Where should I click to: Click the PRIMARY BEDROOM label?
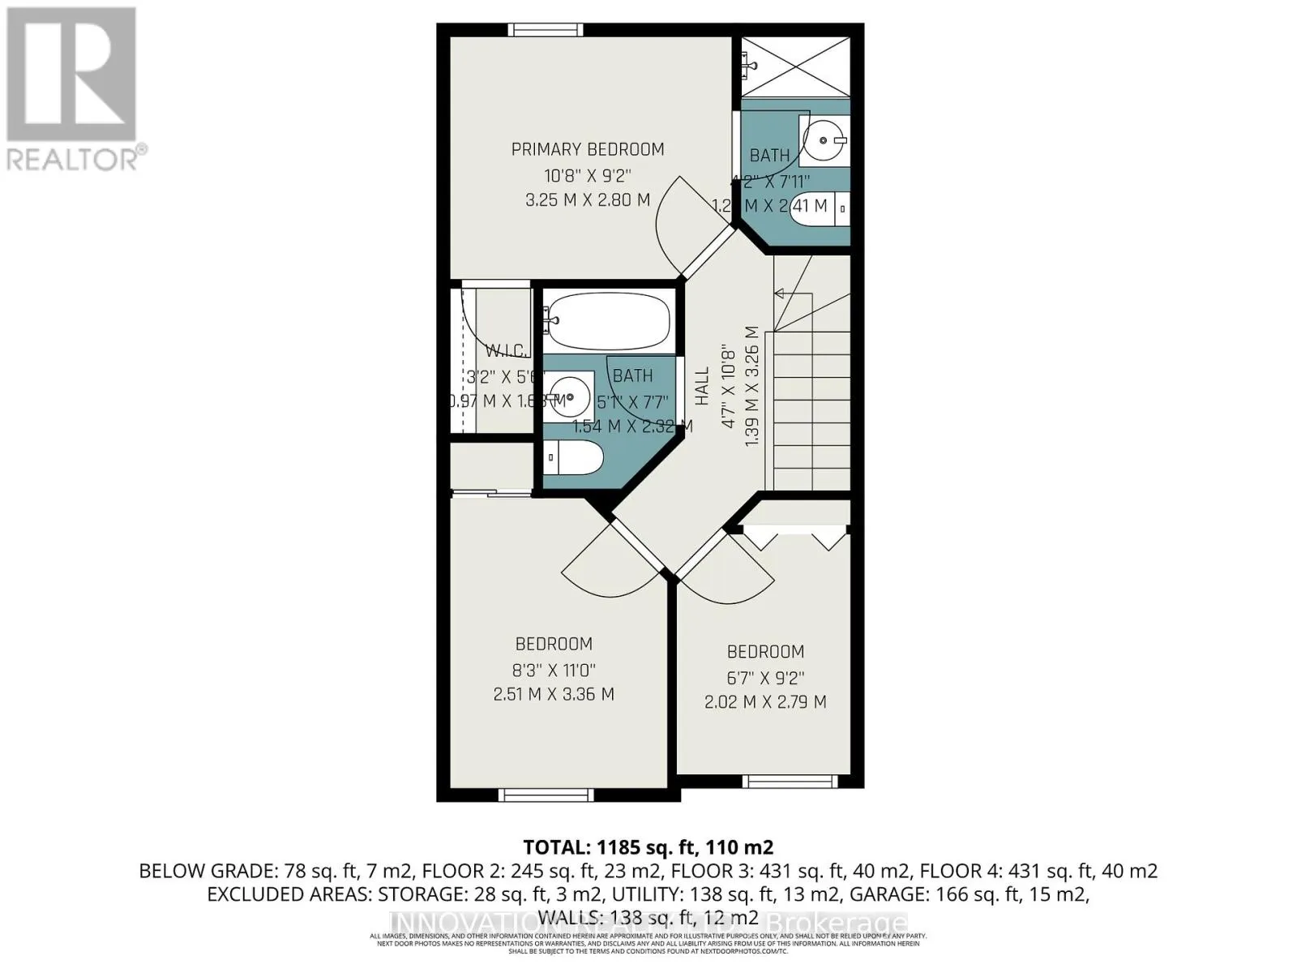click(588, 149)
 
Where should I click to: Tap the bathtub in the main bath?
click(608, 321)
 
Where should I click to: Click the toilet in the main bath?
click(572, 459)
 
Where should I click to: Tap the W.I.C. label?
click(507, 351)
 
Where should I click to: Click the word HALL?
click(702, 386)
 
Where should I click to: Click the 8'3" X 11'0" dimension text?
click(554, 670)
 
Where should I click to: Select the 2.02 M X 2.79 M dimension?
click(765, 702)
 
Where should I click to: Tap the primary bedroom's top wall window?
click(546, 30)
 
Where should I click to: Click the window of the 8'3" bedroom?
click(534, 795)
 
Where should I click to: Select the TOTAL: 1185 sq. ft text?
click(648, 847)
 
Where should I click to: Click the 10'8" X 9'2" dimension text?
click(588, 174)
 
